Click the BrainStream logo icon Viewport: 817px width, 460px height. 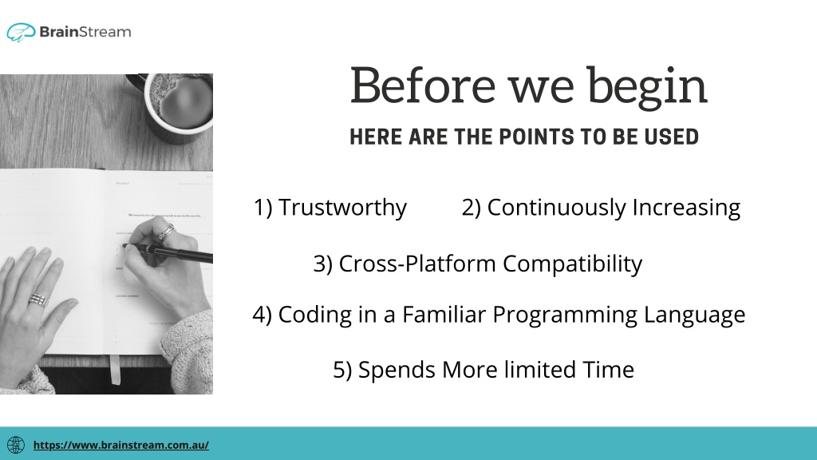(21, 32)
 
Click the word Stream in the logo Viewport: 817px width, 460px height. (105, 32)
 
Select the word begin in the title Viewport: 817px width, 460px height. (648, 88)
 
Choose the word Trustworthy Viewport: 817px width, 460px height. (342, 208)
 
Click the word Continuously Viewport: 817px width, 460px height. (556, 208)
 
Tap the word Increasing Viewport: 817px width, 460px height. (686, 208)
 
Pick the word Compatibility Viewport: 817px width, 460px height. (572, 264)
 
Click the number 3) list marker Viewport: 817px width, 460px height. (323, 264)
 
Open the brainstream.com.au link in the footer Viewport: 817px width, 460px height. (121, 445)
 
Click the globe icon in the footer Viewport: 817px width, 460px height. (16, 445)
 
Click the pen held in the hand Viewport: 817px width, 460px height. (168, 251)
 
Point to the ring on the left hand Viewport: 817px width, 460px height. (38, 300)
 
